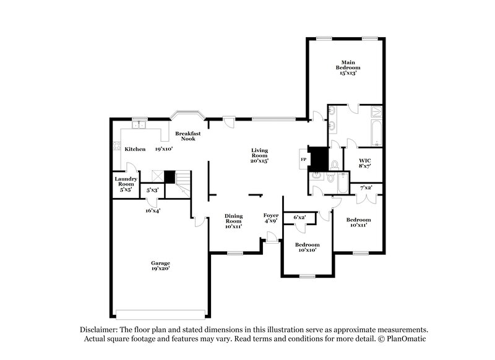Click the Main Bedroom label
[x=348, y=67]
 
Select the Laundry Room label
[x=125, y=184]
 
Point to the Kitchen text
[x=135, y=149]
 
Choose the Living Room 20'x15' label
[x=259, y=154]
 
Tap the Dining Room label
[x=233, y=221]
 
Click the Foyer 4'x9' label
[x=271, y=218]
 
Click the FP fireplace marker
[x=303, y=159]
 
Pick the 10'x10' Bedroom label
[x=307, y=247]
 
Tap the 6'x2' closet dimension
[x=299, y=217]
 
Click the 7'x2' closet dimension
[x=366, y=187]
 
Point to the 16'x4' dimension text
[x=153, y=210]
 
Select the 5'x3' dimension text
[x=152, y=191]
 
